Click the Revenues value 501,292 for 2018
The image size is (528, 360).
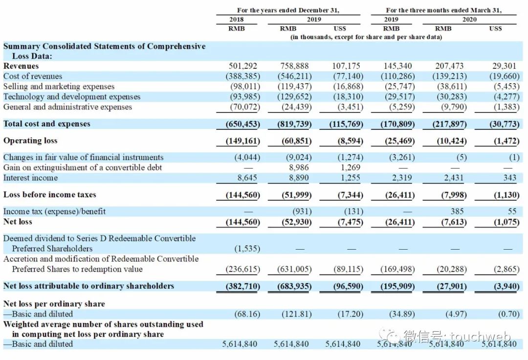243,66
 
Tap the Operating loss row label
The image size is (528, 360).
30,141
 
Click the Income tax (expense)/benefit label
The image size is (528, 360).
54,212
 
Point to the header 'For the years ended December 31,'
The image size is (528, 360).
288,10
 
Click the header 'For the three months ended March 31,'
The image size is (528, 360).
443,10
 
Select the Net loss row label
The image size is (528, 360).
18,222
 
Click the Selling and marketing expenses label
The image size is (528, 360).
59,86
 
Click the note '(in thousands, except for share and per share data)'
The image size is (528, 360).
366,37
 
